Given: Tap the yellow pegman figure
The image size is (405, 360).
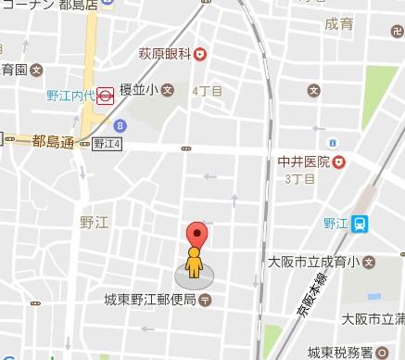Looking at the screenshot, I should tap(193, 263).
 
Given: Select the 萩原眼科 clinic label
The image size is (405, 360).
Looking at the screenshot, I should tap(165, 55).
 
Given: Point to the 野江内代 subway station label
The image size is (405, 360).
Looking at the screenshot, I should tap(71, 94).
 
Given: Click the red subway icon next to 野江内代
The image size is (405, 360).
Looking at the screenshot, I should tap(107, 94).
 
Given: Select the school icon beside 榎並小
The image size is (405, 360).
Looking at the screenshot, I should tap(168, 91).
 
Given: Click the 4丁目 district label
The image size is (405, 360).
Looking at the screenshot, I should tap(206, 91).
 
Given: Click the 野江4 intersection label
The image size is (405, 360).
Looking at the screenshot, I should tap(106, 144).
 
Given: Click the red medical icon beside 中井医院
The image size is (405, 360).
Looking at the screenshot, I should tap(339, 161).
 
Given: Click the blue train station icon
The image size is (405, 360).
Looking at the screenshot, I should tap(361, 222).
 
